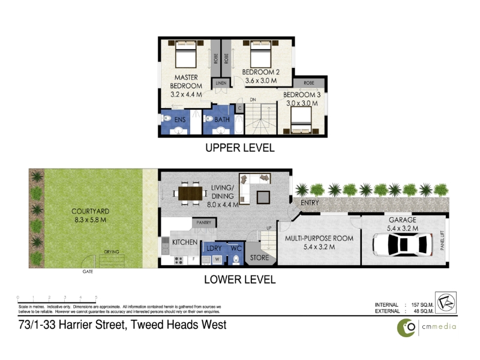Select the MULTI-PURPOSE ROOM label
pyautogui.click(x=319, y=238)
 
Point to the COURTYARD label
pyautogui.click(x=89, y=211)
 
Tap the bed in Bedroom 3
pyautogui.click(x=301, y=126)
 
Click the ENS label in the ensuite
pyautogui.click(x=180, y=120)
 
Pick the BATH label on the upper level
pyautogui.click(x=222, y=120)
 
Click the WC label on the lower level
pyautogui.click(x=236, y=247)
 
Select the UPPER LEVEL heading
pyautogui.click(x=240, y=148)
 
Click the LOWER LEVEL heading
pyautogui.click(x=240, y=279)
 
